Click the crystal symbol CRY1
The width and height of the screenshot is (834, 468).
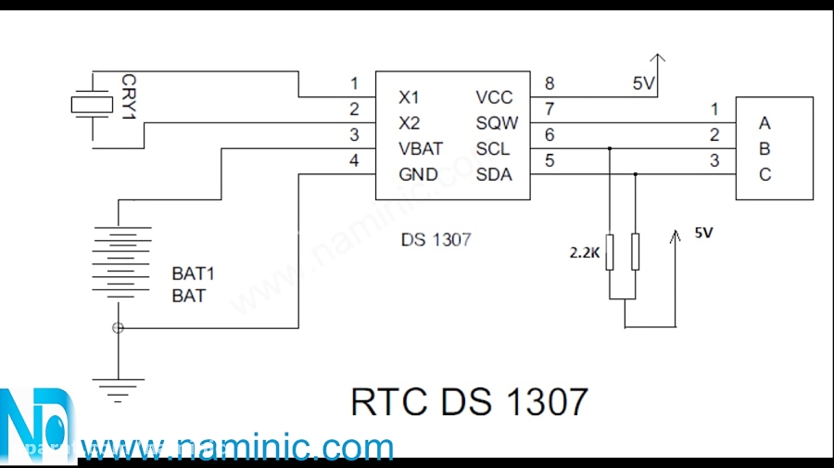pyautogui.click(x=90, y=106)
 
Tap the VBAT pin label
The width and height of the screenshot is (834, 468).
pyautogui.click(x=421, y=148)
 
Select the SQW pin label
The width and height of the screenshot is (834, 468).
pyautogui.click(x=498, y=122)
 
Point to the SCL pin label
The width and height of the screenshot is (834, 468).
pyautogui.click(x=494, y=148)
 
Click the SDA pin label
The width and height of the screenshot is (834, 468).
pyautogui.click(x=494, y=174)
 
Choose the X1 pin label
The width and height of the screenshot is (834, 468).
pyautogui.click(x=409, y=96)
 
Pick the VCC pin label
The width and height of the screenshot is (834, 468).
pyautogui.click(x=494, y=96)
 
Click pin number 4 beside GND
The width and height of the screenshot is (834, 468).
pyautogui.click(x=353, y=161)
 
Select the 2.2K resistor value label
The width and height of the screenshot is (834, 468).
pyautogui.click(x=584, y=252)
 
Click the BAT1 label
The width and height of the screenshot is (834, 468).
pyautogui.click(x=193, y=274)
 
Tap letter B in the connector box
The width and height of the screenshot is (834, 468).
pyautogui.click(x=764, y=148)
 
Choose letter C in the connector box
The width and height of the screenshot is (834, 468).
pyautogui.click(x=764, y=174)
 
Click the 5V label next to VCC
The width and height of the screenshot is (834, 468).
pyautogui.click(x=644, y=83)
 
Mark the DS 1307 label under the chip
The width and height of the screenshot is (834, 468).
pyautogui.click(x=436, y=239)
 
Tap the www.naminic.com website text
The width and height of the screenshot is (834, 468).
pyautogui.click(x=237, y=449)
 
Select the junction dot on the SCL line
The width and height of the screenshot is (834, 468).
pyautogui.click(x=610, y=148)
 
